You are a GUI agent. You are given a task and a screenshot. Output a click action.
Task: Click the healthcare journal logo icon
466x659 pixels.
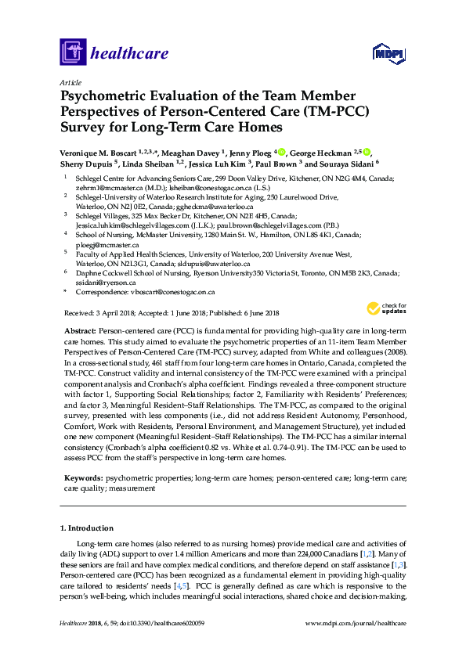pyautogui.click(x=73, y=52)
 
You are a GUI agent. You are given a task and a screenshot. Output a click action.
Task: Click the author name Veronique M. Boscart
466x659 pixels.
pyautogui.click(x=103, y=153)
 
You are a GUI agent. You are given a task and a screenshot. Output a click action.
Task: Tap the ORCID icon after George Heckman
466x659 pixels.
pyautogui.click(x=365, y=152)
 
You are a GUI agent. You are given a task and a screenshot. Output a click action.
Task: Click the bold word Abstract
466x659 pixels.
pyautogui.click(x=79, y=332)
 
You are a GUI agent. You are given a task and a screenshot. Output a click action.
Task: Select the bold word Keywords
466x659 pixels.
pyautogui.click(x=81, y=476)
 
